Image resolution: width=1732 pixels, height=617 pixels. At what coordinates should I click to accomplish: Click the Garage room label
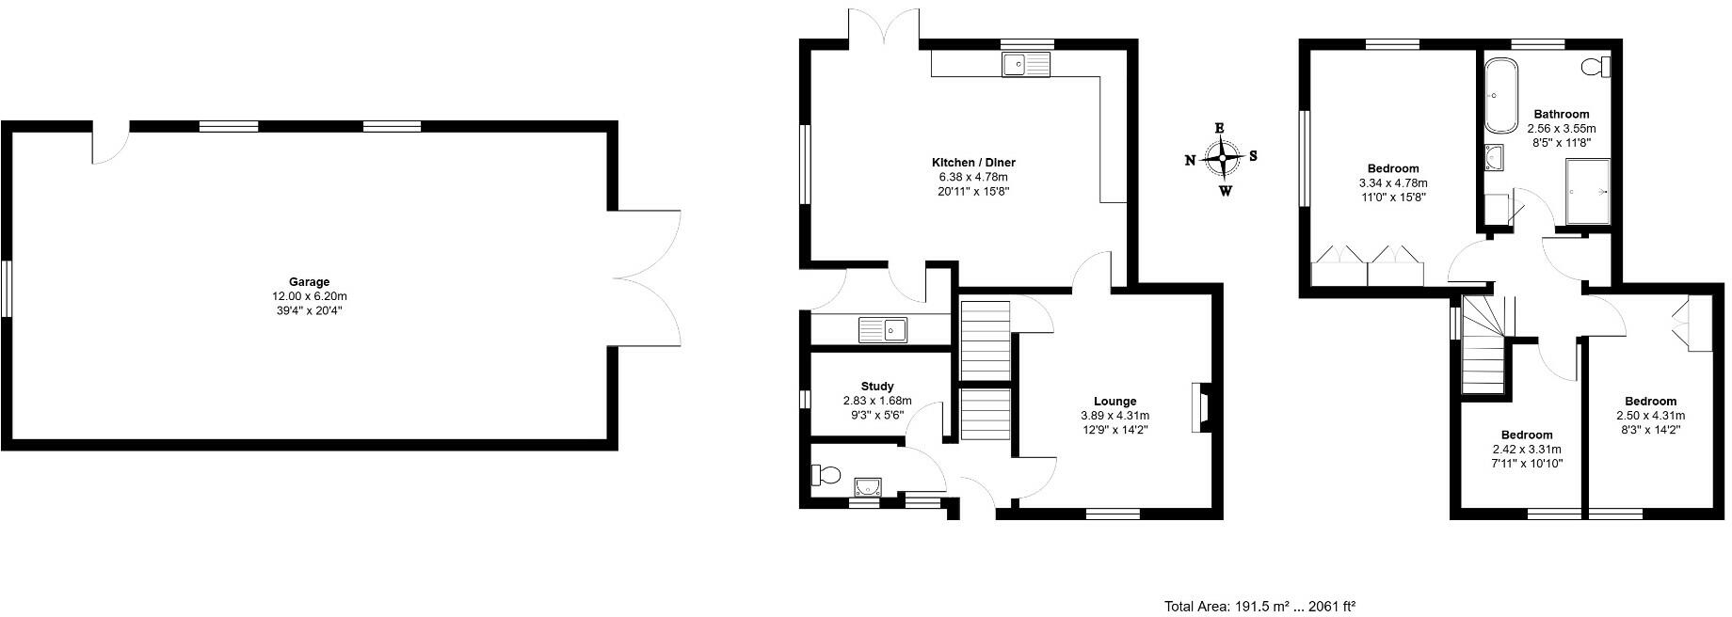pos(309,281)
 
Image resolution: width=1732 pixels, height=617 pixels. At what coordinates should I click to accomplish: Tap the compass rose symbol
pos(1222,159)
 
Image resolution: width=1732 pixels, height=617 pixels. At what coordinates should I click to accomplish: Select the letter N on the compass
pos(1190,161)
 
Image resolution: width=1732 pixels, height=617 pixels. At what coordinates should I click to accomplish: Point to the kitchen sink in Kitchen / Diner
pos(1026,64)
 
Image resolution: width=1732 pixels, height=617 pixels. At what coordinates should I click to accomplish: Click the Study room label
pos(876,386)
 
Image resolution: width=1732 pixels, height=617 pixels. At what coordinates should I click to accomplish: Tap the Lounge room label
pos(1115,401)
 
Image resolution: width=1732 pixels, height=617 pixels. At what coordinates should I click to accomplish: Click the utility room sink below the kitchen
pos(223,329)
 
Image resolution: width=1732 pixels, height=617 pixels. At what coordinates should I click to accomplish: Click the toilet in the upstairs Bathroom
pos(1596,67)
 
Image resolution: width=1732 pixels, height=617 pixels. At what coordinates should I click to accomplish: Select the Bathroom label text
pos(1561,114)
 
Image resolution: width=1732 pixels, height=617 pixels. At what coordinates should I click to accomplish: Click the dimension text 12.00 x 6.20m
pos(309,295)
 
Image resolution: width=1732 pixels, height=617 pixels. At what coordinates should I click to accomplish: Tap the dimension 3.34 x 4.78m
pos(1392,183)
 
